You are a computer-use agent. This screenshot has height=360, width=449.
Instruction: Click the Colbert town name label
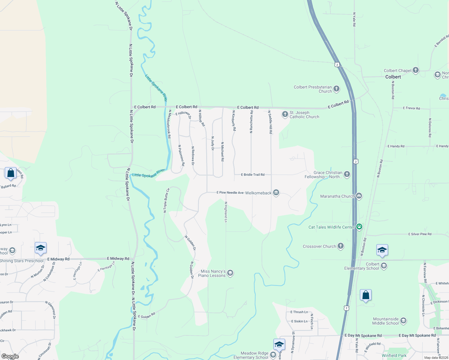click(393, 77)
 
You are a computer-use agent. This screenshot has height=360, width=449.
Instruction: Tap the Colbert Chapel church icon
click(415, 70)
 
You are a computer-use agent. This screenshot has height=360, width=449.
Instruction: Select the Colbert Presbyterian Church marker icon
click(336, 88)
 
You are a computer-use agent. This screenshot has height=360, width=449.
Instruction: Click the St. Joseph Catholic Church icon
click(285, 114)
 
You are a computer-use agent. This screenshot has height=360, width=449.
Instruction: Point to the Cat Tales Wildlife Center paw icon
click(359, 227)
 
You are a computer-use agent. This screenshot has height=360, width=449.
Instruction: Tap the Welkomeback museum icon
click(276, 193)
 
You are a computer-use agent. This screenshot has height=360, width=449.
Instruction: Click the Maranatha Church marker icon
click(359, 196)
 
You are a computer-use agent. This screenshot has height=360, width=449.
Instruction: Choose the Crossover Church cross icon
click(340, 246)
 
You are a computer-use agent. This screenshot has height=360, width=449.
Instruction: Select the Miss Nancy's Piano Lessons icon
click(230, 273)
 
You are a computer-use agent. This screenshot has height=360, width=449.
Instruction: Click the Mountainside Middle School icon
click(403, 321)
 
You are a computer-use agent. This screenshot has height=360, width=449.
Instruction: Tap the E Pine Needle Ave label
click(230, 193)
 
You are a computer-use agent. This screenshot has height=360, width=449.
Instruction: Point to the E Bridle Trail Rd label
click(253, 175)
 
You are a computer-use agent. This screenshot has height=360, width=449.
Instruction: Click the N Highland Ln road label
click(226, 212)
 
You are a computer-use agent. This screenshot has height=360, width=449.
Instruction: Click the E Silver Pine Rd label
click(420, 234)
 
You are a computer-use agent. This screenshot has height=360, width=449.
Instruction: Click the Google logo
click(10, 356)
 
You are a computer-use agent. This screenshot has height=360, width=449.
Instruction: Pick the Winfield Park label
click(394, 356)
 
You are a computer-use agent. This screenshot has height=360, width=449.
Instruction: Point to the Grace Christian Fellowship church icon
click(347, 174)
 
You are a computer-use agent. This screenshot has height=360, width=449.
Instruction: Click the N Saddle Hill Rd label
click(270, 122)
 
